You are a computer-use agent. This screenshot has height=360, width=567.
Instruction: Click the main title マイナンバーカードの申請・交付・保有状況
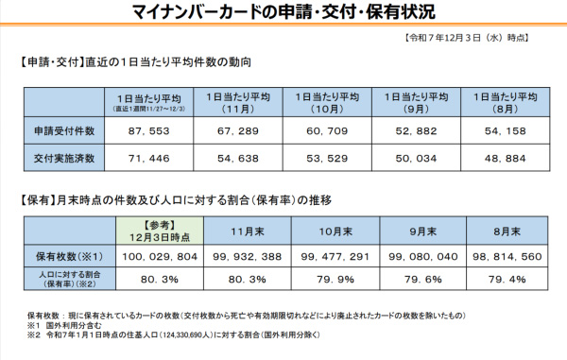coord(283,13)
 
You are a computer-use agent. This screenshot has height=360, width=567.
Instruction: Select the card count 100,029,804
coord(156,255)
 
